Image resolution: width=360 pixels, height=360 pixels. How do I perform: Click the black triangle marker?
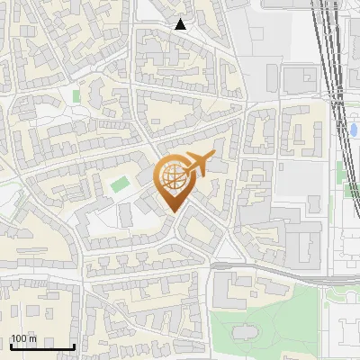181,24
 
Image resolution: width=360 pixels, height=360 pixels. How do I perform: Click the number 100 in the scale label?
19,339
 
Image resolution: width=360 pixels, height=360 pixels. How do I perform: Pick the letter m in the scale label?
32,339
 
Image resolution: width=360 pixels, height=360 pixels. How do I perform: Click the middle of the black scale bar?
41,346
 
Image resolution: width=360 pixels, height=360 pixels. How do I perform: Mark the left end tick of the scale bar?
10,345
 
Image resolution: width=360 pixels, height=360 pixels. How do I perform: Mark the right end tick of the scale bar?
74,345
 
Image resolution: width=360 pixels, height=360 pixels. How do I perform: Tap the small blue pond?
353,130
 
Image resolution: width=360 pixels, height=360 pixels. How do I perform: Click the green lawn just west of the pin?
120,185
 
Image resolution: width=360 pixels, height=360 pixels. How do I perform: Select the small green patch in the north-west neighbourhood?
76,94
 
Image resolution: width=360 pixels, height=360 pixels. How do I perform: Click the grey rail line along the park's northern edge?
288,273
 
